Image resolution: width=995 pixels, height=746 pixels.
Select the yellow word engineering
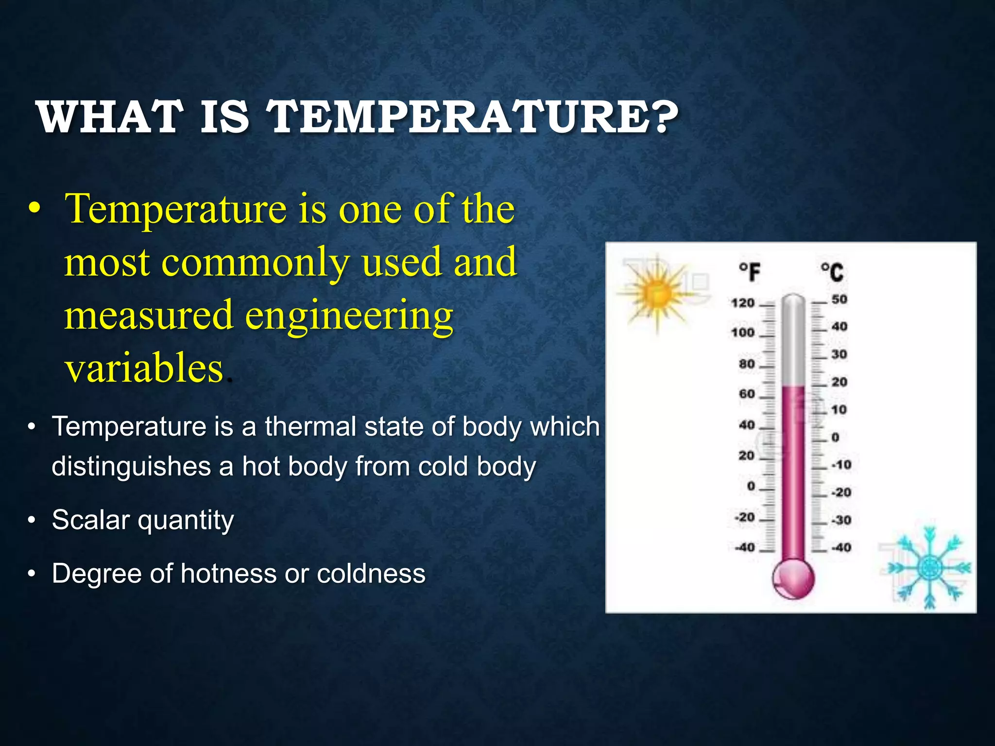click(x=349, y=316)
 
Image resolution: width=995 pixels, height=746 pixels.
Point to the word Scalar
click(x=91, y=520)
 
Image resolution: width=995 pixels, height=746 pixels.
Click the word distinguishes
click(x=131, y=466)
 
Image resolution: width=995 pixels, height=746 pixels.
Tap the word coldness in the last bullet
click(x=371, y=574)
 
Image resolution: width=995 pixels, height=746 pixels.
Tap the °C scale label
click(x=832, y=271)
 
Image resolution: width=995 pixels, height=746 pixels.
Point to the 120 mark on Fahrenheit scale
click(x=743, y=303)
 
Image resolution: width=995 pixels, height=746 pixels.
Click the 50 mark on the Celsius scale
click(x=839, y=299)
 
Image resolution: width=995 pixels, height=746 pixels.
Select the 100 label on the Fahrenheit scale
click(x=743, y=333)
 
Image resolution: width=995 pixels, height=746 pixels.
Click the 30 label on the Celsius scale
click(x=839, y=354)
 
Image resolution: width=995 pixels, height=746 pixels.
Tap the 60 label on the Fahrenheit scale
click(x=747, y=393)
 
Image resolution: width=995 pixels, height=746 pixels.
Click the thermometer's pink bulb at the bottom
click(x=793, y=579)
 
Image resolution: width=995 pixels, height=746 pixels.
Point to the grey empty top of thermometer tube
click(x=793, y=340)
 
